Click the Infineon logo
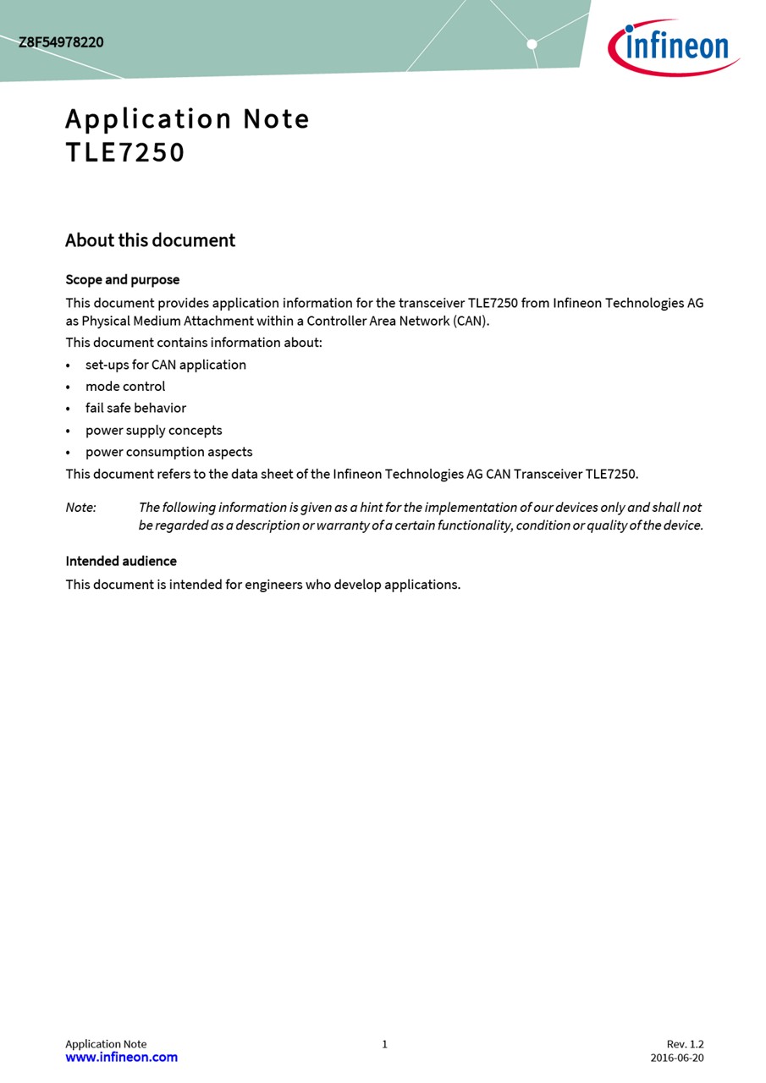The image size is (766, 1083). (x=674, y=47)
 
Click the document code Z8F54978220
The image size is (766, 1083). (x=61, y=42)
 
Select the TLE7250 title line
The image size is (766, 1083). (x=125, y=153)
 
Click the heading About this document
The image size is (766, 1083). (x=150, y=240)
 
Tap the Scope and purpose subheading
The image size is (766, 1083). (x=122, y=280)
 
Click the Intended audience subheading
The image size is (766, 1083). (x=121, y=562)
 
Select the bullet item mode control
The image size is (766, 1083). (x=125, y=387)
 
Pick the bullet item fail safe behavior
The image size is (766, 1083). (x=135, y=409)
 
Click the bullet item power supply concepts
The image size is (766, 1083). (x=153, y=431)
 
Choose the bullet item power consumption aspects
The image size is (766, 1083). (x=168, y=453)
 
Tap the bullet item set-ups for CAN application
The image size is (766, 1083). (x=165, y=366)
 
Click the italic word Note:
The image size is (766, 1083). (x=80, y=508)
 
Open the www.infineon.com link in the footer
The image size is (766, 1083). (x=121, y=1058)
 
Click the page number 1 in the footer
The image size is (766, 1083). (x=384, y=1044)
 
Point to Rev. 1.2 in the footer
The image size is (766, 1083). (x=685, y=1044)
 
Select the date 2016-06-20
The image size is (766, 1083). (x=676, y=1058)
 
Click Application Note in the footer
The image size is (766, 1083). (x=106, y=1044)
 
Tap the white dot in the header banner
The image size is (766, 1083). (x=532, y=44)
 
